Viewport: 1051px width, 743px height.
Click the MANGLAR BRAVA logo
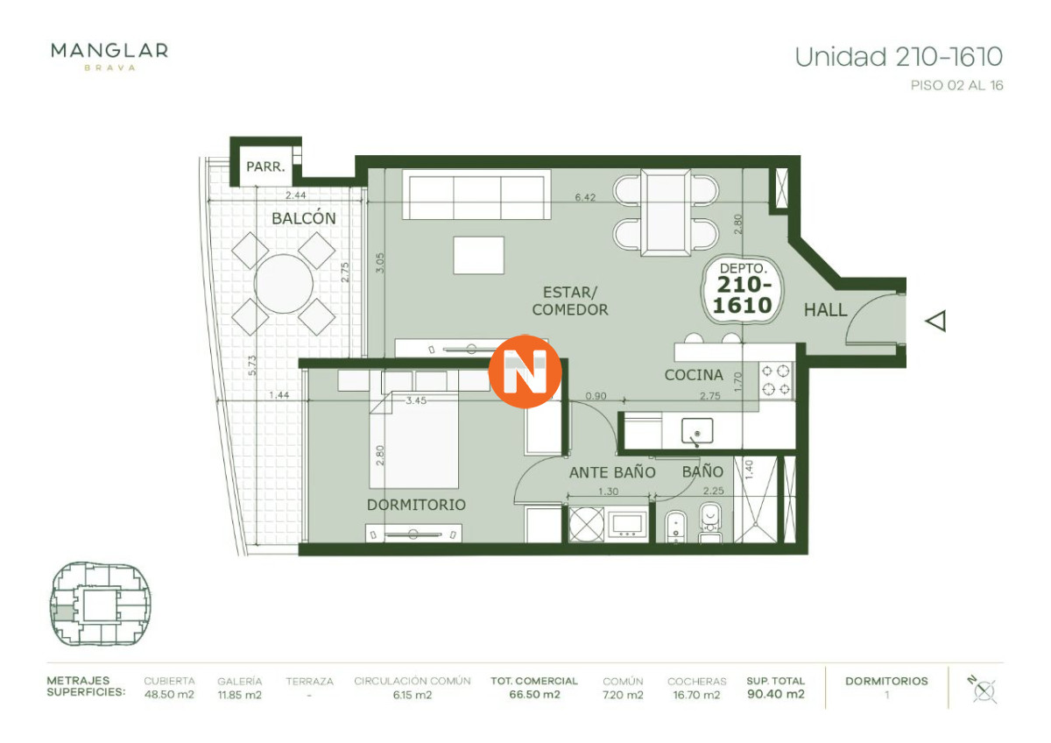click(109, 54)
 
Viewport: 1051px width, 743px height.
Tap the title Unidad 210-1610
click(898, 58)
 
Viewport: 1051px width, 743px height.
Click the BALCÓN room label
click(303, 218)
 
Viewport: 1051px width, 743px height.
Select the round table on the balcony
click(284, 283)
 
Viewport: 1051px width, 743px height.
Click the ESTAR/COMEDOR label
click(569, 301)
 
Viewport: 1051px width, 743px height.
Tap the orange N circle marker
click(525, 371)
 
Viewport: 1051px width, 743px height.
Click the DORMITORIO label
click(416, 505)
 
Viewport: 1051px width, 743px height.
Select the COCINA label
click(694, 375)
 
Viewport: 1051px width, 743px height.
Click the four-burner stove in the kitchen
click(775, 381)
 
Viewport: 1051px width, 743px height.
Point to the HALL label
click(825, 309)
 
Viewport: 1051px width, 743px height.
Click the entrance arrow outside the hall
click(936, 322)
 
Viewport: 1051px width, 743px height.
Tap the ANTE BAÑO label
click(612, 472)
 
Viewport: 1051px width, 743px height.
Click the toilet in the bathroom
click(709, 523)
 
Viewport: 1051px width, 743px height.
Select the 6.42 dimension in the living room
click(585, 198)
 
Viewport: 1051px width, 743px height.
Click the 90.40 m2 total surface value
click(775, 695)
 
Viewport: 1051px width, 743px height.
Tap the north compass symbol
click(984, 689)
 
